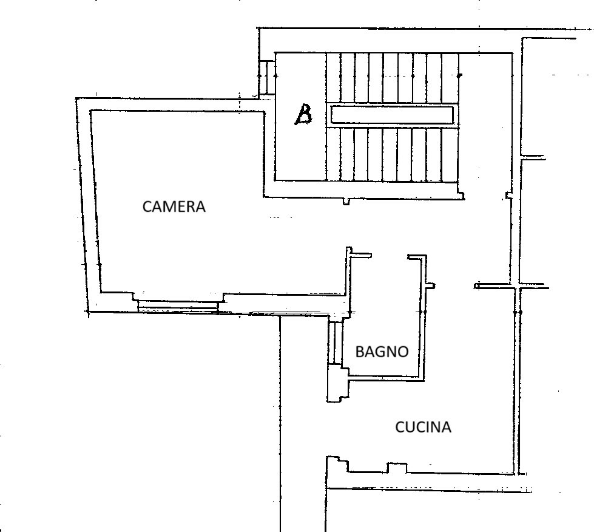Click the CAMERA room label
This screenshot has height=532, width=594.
pos(174,206)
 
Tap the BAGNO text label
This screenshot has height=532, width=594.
pos(382,352)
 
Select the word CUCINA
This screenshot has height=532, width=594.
pos(423,428)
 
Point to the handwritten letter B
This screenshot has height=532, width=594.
pos(303,114)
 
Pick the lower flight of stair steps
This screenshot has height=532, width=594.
pos(392,154)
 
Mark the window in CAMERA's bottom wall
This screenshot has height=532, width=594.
pos(177,307)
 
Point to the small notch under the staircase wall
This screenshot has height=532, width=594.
pos(346,201)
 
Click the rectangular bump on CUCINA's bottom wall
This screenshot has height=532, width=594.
pos(397,467)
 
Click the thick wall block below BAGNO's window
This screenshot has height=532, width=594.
pos(336,386)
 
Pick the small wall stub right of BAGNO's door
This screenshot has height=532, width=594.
pos(430,285)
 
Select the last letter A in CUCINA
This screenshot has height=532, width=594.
pos(446,428)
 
